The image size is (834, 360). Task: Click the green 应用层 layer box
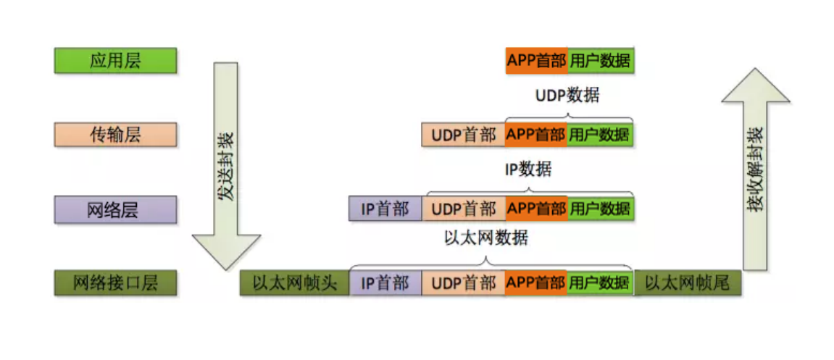115,61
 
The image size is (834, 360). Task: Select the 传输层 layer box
115,135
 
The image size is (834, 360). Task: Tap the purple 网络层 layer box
115,209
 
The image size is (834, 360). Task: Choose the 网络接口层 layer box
115,283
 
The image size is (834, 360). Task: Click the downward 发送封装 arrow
227,167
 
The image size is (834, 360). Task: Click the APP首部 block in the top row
536,61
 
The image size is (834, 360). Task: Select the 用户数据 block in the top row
600,61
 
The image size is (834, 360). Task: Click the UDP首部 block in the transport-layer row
464,135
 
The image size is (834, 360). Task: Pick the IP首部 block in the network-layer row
385,209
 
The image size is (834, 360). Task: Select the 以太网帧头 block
295,283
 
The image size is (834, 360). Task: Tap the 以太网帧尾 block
687,283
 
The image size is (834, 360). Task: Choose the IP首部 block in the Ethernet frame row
385,283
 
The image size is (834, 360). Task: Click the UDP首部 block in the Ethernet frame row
464,283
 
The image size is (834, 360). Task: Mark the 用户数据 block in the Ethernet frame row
600,283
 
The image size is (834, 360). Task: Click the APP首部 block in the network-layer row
536,209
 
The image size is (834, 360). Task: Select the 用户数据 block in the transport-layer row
600,135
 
